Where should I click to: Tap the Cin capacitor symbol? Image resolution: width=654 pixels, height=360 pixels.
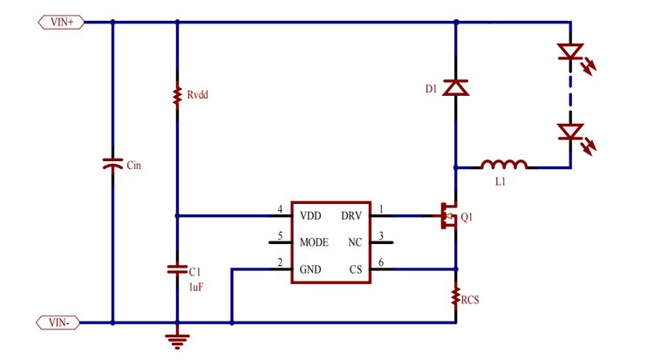pyautogui.click(x=112, y=164)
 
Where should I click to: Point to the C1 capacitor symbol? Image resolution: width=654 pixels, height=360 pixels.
pyautogui.click(x=177, y=269)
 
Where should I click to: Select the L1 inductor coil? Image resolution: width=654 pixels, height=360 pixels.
pyautogui.click(x=504, y=163)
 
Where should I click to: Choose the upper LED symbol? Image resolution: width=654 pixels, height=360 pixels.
pyautogui.click(x=570, y=54)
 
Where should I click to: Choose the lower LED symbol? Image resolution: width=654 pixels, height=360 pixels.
pyautogui.click(x=570, y=132)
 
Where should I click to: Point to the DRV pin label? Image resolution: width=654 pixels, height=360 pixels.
pyautogui.click(x=351, y=215)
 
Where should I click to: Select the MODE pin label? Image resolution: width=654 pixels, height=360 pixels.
pyautogui.click(x=315, y=241)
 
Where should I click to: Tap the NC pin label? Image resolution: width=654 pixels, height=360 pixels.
pyautogui.click(x=354, y=241)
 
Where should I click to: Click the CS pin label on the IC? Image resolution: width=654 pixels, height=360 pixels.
pyautogui.click(x=355, y=268)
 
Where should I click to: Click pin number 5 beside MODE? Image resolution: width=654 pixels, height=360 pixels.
pyautogui.click(x=280, y=235)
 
